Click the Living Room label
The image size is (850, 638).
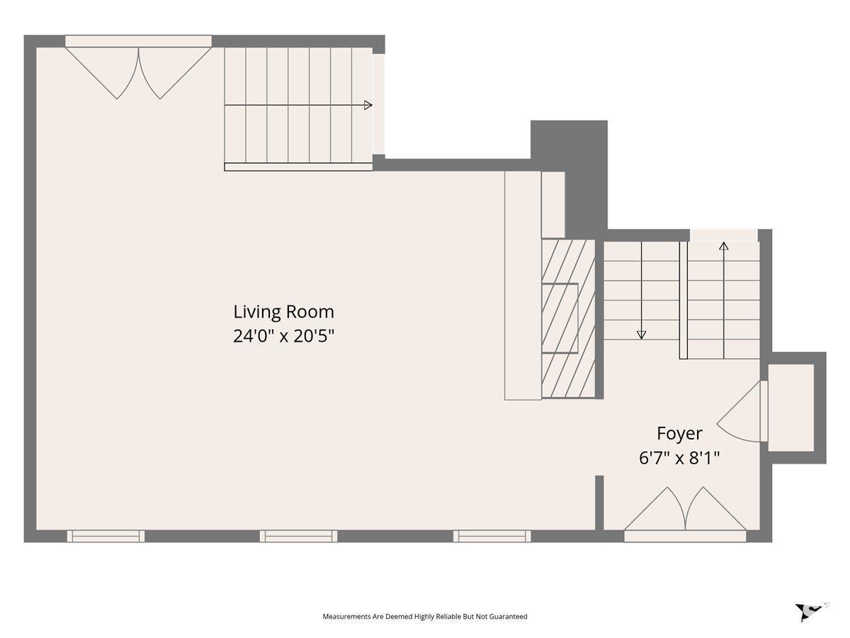[283, 312]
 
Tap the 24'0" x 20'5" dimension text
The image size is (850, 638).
[283, 336]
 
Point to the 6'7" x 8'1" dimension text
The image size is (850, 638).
[679, 458]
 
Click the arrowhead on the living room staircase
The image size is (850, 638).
[368, 105]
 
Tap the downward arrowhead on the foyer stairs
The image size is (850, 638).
[641, 335]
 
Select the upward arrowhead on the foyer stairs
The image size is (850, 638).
[724, 246]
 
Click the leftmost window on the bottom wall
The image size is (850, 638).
[106, 536]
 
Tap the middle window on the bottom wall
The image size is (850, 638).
[299, 536]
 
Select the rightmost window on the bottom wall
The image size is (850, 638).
[492, 536]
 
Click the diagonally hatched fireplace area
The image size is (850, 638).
[568, 318]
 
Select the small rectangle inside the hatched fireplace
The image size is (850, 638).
[560, 318]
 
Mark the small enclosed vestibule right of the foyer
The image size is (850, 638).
[791, 408]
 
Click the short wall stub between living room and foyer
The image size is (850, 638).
[599, 503]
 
